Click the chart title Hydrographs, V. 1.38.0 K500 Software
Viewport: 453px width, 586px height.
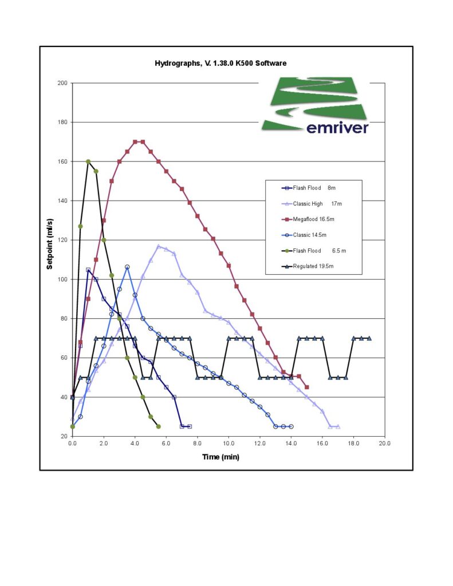tap(220, 63)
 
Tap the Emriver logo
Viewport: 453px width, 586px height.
tap(316, 106)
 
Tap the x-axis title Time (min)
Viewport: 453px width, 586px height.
tap(220, 456)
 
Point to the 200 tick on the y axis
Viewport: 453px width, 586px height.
tap(62, 84)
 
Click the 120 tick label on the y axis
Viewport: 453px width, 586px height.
tap(62, 240)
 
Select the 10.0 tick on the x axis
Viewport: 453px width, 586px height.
tap(229, 443)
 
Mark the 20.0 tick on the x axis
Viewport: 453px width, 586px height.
tap(385, 443)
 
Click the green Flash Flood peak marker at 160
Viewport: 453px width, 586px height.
tap(88, 161)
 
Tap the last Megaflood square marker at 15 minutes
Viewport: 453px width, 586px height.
tap(307, 387)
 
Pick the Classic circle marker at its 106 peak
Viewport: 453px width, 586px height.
tap(127, 267)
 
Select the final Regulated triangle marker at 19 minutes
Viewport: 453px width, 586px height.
tap(369, 338)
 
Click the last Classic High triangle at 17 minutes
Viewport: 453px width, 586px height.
tap(338, 426)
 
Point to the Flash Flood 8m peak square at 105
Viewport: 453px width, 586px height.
tap(88, 270)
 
